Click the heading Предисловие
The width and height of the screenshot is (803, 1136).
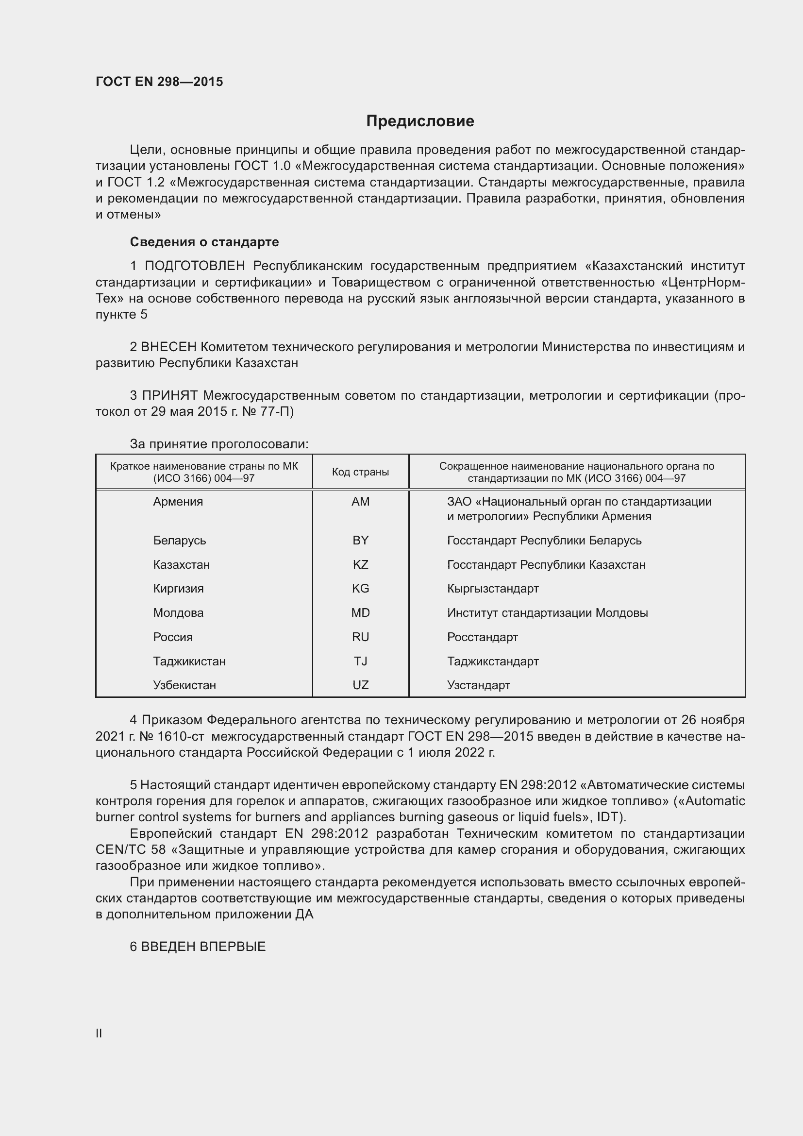[420, 121]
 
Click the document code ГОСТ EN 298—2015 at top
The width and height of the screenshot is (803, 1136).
[159, 82]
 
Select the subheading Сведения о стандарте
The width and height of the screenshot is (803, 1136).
[204, 242]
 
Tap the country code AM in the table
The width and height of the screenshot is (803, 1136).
[360, 502]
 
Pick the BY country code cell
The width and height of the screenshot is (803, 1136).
[360, 540]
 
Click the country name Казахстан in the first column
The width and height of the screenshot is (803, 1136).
[182, 564]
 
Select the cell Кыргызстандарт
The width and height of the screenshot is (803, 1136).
[492, 588]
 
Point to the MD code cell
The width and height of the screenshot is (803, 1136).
[360, 612]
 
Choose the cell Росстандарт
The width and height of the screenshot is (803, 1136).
[482, 637]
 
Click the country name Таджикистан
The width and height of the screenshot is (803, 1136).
[189, 661]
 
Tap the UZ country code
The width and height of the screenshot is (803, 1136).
[360, 685]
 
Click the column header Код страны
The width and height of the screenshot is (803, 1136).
[360, 472]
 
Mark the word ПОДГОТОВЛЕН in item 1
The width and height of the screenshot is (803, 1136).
[195, 266]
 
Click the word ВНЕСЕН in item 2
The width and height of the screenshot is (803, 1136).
[168, 347]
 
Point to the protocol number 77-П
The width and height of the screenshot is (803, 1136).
[275, 412]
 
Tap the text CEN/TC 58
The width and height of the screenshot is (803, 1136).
[131, 849]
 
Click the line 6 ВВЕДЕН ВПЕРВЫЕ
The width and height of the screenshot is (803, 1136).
[198, 947]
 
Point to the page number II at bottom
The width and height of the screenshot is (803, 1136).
[99, 1033]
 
